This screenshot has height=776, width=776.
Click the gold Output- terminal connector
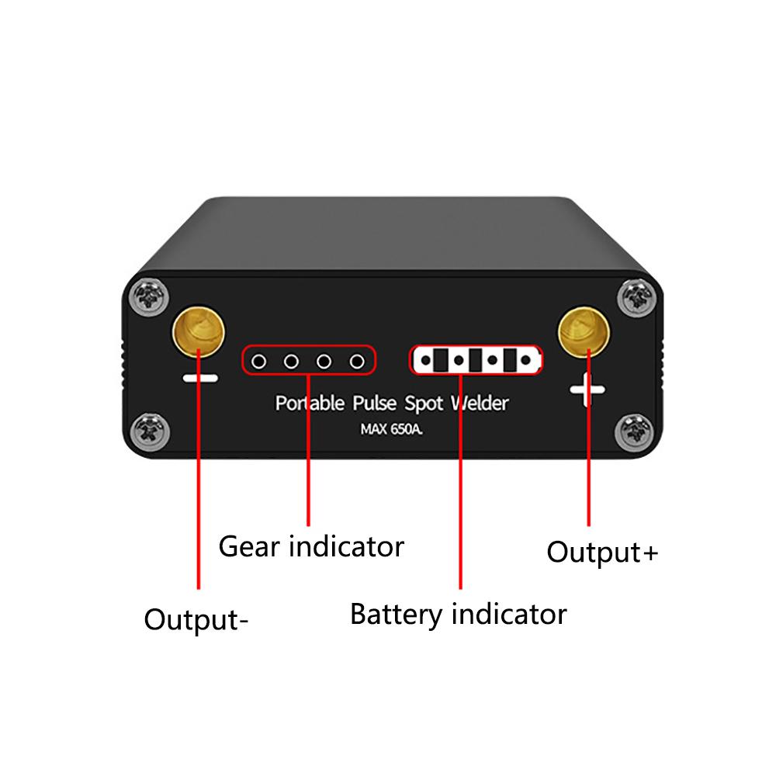pyautogui.click(x=198, y=329)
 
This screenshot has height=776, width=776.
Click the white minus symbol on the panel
pyautogui.click(x=200, y=379)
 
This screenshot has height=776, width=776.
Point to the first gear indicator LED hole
pyautogui.click(x=259, y=361)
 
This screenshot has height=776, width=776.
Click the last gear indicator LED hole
pyautogui.click(x=357, y=361)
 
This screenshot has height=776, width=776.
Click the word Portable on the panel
pyautogui.click(x=310, y=404)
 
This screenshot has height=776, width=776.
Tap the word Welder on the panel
pyautogui.click(x=480, y=404)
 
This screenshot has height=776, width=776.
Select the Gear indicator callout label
pyautogui.click(x=311, y=546)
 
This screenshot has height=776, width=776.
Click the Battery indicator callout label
pyautogui.click(x=458, y=615)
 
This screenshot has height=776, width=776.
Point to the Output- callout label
pyautogui.click(x=196, y=621)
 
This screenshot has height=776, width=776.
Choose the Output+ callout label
pyautogui.click(x=602, y=553)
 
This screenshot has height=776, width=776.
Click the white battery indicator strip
pyautogui.click(x=475, y=360)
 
